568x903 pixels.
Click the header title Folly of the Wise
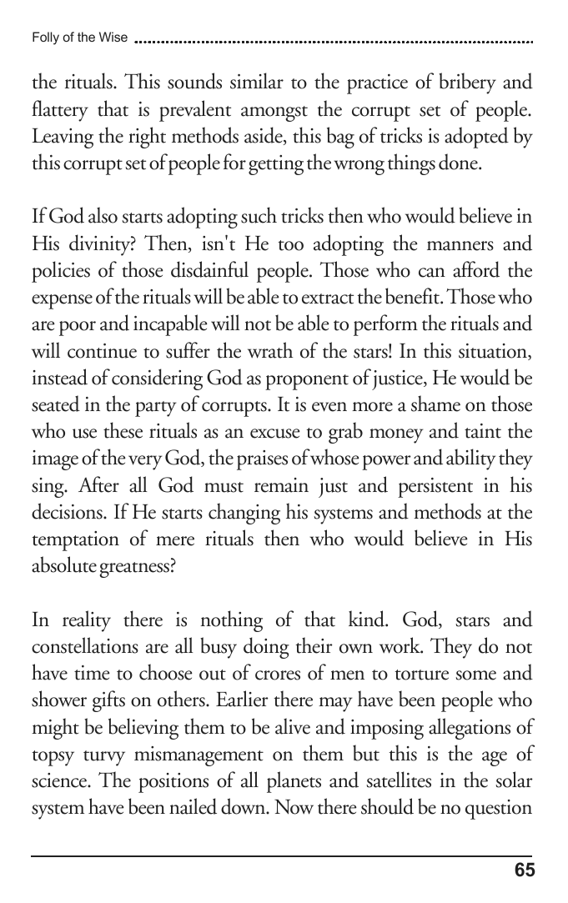79,38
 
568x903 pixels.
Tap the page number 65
525,871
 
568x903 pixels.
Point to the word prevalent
213,110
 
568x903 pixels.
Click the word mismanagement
213,752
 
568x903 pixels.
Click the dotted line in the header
334,39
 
